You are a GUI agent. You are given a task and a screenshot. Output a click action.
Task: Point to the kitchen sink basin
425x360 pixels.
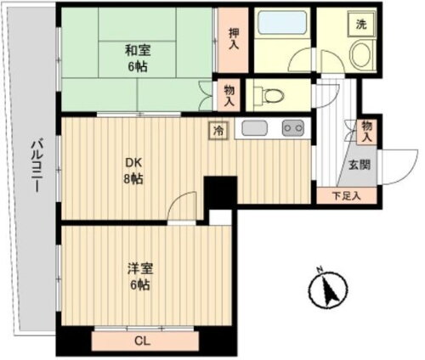(x=255, y=129)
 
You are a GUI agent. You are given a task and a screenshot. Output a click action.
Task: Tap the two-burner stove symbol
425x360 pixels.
(x=293, y=129)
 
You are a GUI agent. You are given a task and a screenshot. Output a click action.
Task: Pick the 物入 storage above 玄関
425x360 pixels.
(x=366, y=130)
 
